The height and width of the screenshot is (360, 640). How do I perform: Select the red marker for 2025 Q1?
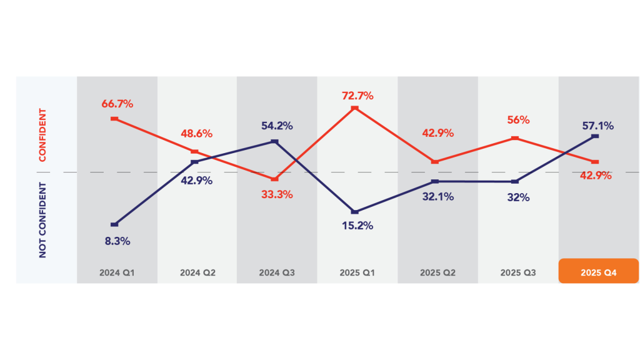(x=354, y=108)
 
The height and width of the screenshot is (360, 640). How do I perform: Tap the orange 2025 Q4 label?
(x=598, y=272)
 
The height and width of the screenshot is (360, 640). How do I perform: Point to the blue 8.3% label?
(x=117, y=241)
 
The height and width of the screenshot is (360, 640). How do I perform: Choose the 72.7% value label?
(x=357, y=96)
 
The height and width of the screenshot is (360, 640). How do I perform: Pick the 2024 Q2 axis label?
(x=197, y=273)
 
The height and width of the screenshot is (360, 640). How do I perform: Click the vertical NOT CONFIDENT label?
(x=42, y=220)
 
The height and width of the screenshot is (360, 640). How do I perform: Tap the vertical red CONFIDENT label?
(x=42, y=135)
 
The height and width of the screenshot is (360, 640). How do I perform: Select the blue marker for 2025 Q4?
(x=595, y=136)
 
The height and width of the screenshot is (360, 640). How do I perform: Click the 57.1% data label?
(x=597, y=126)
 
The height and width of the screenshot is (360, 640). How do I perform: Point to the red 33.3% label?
(x=277, y=194)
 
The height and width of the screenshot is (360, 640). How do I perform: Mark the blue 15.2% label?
(x=357, y=226)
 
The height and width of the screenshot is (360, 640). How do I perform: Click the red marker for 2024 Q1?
(x=114, y=118)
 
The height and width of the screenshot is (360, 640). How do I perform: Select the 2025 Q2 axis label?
(x=438, y=273)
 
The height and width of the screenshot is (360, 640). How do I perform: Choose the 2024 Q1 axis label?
(x=117, y=273)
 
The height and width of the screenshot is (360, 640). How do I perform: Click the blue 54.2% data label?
(x=277, y=126)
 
